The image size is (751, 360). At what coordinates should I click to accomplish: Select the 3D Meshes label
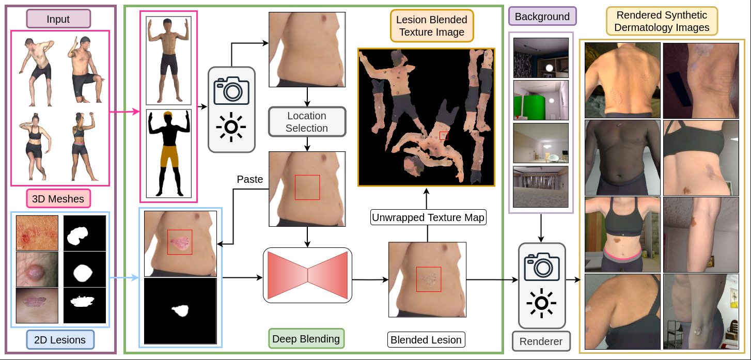58,199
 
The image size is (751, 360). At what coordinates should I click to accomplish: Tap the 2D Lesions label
60,340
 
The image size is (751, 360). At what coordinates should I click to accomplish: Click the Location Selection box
307,122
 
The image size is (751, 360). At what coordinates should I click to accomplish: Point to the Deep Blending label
306,339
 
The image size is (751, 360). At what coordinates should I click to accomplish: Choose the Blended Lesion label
426,340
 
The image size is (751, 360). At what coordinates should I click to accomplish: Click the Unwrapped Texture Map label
428,217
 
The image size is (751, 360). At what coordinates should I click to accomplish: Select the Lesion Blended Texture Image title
431,26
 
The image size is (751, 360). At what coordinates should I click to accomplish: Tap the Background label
542,17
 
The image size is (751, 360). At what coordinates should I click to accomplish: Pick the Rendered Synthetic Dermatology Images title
662,21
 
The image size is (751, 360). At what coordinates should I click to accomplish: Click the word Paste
250,180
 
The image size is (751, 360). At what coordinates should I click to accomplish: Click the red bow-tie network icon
308,275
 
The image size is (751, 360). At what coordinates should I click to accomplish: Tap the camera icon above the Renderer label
541,266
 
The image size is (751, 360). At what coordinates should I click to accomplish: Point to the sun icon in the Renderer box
541,304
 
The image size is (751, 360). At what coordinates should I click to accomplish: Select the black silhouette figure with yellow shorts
168,153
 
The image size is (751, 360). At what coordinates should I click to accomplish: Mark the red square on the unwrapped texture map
444,135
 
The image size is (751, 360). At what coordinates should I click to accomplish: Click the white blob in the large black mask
180,310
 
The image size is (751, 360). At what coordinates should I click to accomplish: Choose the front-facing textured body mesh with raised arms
168,60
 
